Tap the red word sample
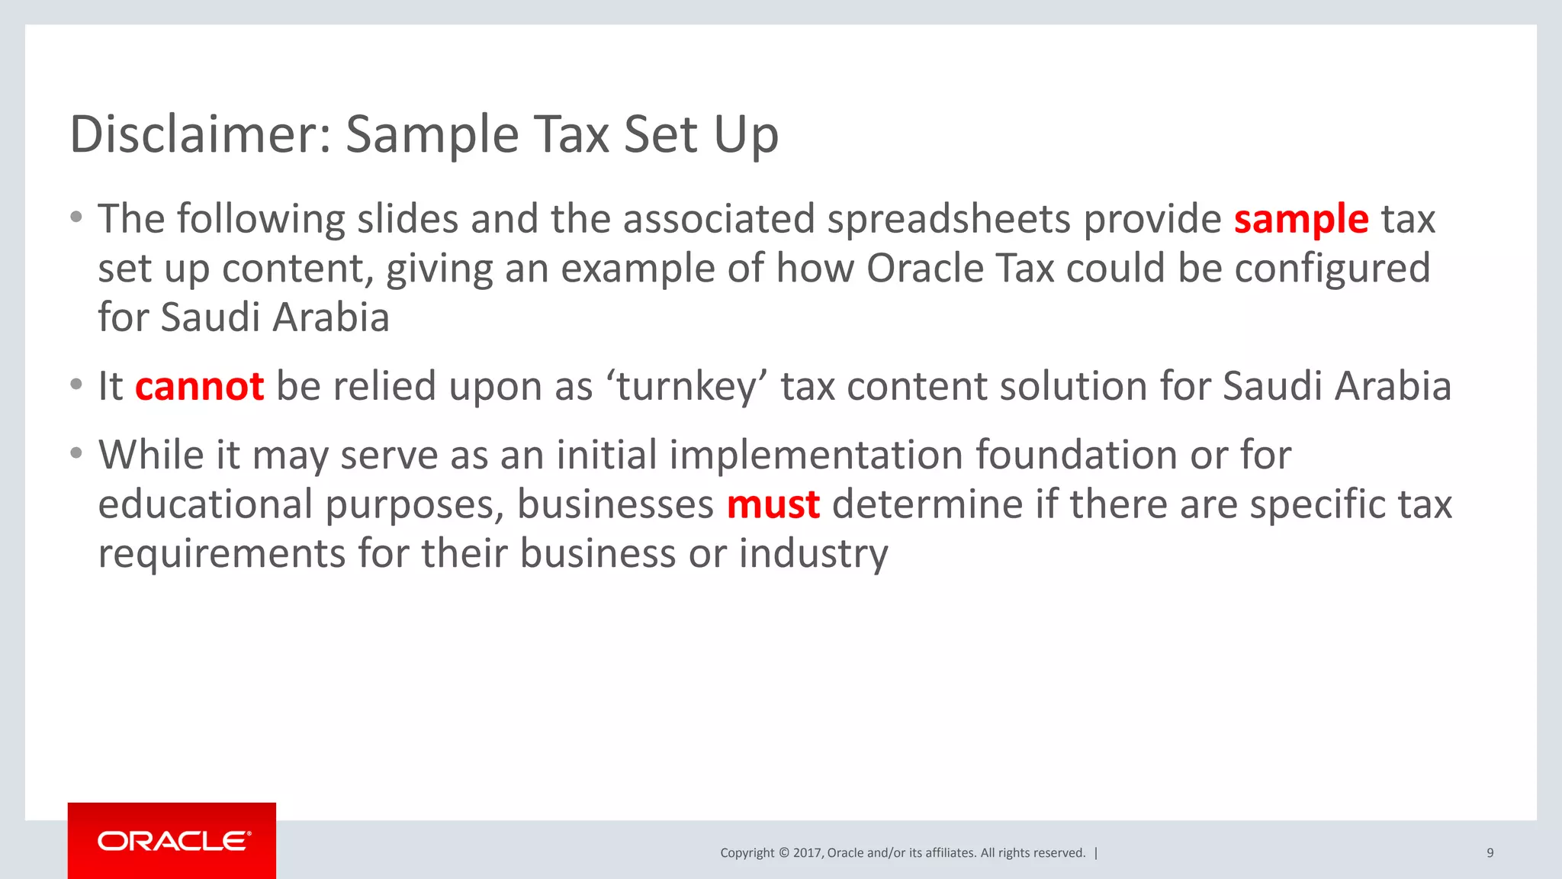(1301, 220)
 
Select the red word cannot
(199, 386)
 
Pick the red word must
(773, 505)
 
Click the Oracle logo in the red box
(173, 841)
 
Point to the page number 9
(1490, 853)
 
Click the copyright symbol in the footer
(783, 853)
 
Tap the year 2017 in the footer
(807, 853)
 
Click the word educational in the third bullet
(205, 505)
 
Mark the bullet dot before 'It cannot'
(76, 385)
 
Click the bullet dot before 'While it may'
(76, 453)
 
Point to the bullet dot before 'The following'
(76, 217)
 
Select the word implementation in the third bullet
(815, 456)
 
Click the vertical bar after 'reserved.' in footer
(1096, 853)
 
